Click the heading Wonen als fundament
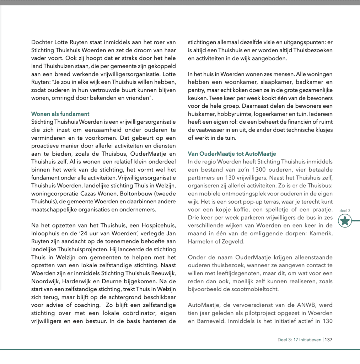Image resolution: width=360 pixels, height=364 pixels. point(60,114)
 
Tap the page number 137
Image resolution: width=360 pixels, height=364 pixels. point(328,339)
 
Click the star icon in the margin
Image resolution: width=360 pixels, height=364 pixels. point(345,221)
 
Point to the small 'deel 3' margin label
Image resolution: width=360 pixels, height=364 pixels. point(345,210)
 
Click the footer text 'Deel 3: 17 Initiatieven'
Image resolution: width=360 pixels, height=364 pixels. point(299,339)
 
